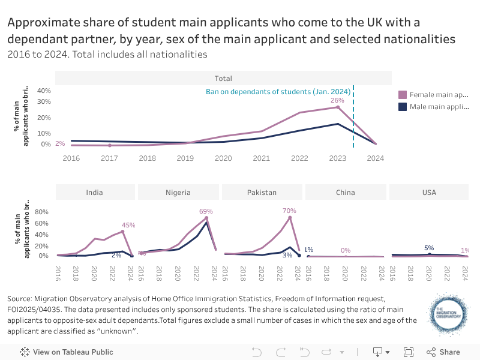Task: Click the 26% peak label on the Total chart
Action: pyautogui.click(x=338, y=100)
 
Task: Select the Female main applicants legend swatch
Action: pyautogui.click(x=403, y=95)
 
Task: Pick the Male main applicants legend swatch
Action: pyautogui.click(x=403, y=107)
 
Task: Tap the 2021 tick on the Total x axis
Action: pyautogui.click(x=261, y=158)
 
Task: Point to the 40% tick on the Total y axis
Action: pyautogui.click(x=44, y=91)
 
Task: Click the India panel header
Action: pyautogui.click(x=94, y=193)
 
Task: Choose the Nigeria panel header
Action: pyautogui.click(x=178, y=193)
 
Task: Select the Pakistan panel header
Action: pyautogui.click(x=262, y=193)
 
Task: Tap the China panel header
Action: pyautogui.click(x=345, y=193)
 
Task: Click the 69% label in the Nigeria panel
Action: pyautogui.click(x=206, y=212)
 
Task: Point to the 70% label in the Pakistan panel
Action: pyautogui.click(x=289, y=211)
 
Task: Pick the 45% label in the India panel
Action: pyautogui.click(x=128, y=225)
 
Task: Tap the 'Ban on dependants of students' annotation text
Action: pyautogui.click(x=278, y=92)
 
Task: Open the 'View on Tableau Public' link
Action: pyautogui.click(x=67, y=352)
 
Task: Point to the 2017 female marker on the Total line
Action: pyautogui.click(x=109, y=145)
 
